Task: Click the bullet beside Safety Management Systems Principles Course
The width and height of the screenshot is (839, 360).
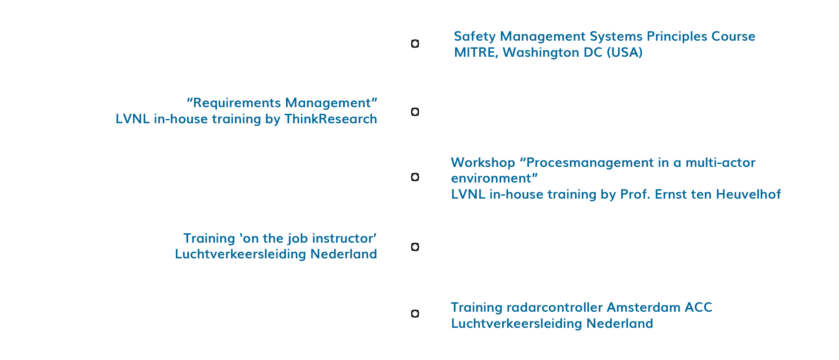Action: pos(415,44)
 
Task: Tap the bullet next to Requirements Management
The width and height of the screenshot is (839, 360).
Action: pos(415,112)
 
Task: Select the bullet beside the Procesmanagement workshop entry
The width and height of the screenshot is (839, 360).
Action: pos(415,177)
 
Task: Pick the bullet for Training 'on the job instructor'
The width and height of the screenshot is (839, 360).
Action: pos(415,247)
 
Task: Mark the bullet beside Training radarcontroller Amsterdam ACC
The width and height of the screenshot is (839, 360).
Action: pos(415,314)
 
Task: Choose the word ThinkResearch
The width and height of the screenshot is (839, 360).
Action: pos(331,119)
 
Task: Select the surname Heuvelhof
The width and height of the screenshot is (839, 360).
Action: pos(748,194)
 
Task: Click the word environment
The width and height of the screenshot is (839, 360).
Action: pos(492,178)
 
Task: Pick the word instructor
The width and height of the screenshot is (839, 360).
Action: pos(343,238)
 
